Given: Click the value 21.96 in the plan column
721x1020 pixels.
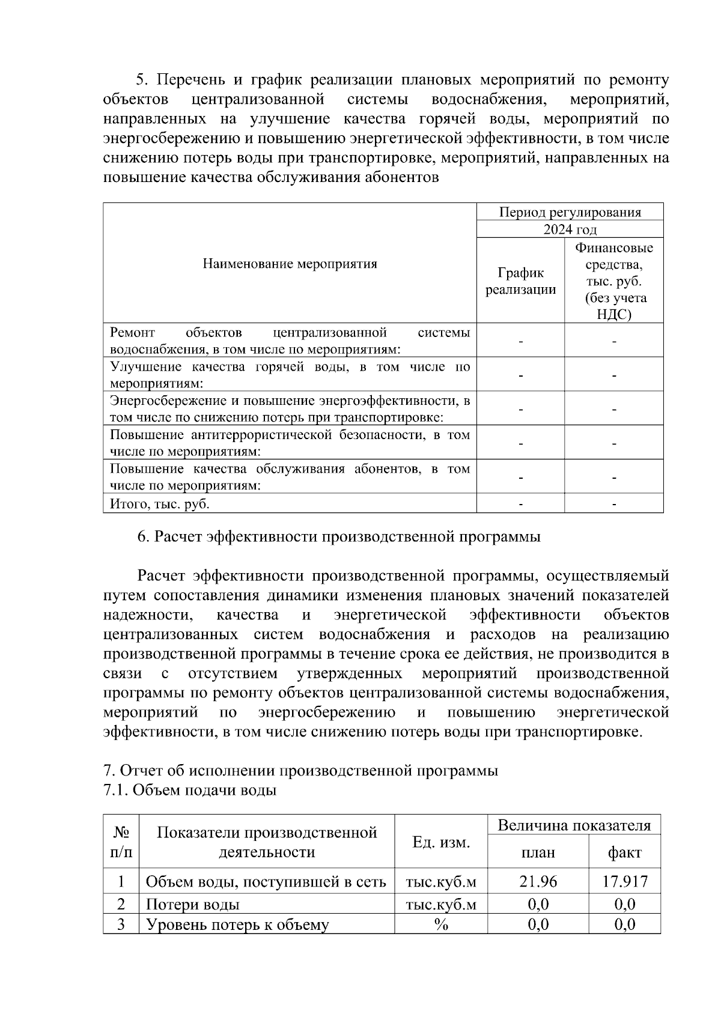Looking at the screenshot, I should click(538, 881).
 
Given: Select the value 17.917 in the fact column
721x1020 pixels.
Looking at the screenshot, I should click(625, 881).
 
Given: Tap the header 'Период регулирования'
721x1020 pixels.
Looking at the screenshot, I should click(570, 212).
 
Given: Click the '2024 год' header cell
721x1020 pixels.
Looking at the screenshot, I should click(570, 229).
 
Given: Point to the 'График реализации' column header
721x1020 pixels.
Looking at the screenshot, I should click(520, 281).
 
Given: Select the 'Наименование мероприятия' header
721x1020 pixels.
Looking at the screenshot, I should click(290, 263).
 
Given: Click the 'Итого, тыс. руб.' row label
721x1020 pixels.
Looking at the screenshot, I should click(160, 503).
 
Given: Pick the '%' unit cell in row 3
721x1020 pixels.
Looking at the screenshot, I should click(440, 924).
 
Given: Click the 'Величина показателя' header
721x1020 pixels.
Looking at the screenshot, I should click(574, 825).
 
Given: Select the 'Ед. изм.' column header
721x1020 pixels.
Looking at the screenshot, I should click(440, 842).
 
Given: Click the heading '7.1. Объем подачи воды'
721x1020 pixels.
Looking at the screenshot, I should click(190, 790).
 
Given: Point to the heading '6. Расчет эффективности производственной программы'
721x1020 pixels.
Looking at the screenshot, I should click(339, 536).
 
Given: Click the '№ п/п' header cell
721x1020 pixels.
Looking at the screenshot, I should click(121, 842).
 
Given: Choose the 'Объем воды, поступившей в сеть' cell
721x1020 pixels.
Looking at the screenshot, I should click(266, 881).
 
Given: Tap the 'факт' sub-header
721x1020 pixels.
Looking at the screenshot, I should click(625, 852).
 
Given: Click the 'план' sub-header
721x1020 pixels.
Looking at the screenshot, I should click(538, 852).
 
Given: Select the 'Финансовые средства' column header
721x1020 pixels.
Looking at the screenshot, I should click(613, 281).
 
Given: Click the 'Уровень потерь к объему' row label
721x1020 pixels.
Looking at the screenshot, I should click(238, 924).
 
